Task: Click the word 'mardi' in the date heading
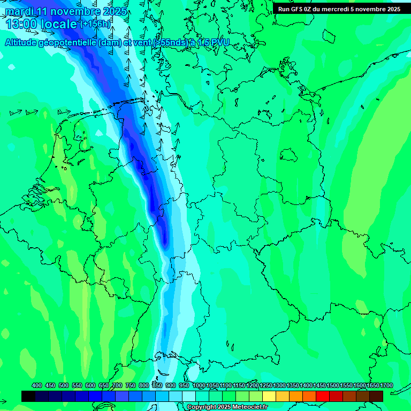coord(19,11)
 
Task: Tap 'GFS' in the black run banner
coord(298,9)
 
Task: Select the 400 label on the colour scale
coord(37,385)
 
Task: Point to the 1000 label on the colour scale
coord(199,385)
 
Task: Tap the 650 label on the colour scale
coord(104,385)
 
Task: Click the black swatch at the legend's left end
coord(28,396)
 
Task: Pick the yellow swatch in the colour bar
coord(269,396)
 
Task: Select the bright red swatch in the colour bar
coord(323,396)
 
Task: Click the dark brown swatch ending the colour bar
coord(376,396)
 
